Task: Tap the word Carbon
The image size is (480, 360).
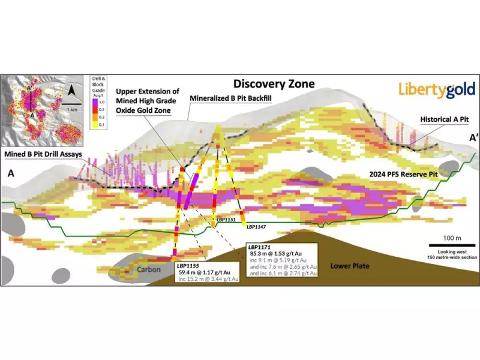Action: (149, 269)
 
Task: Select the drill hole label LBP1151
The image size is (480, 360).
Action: (226, 220)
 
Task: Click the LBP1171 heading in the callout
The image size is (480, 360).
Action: (259, 247)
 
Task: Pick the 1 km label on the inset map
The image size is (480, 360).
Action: (73, 110)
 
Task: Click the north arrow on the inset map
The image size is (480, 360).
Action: (72, 92)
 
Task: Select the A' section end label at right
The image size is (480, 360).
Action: (473, 139)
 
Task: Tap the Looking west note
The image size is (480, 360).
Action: (452, 250)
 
